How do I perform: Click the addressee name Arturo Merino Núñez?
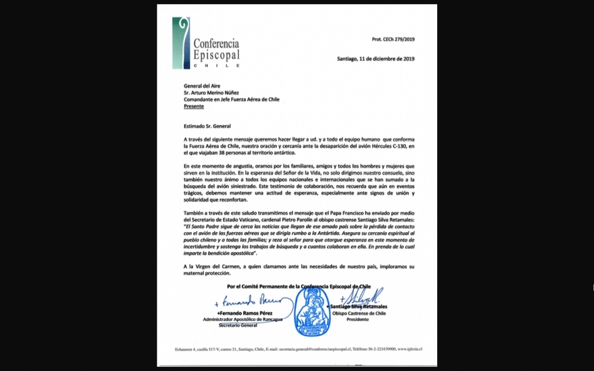[x=220, y=92]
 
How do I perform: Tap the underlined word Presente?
[x=194, y=106]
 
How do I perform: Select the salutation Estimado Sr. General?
[x=207, y=125]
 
